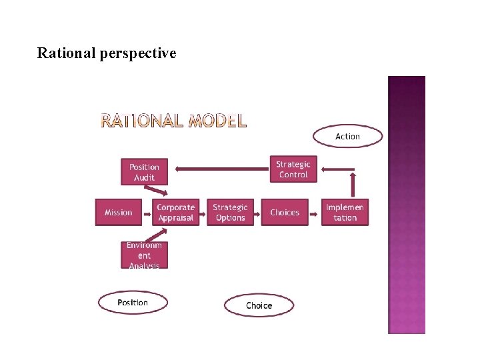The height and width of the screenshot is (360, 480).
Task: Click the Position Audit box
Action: coord(144,172)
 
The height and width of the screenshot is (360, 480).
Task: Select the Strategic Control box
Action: coord(293,169)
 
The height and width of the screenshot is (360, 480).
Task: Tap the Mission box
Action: coord(118,213)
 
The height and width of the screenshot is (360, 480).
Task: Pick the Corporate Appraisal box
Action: coord(175,213)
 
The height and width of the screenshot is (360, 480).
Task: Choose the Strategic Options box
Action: coord(230,213)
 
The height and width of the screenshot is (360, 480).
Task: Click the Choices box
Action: coord(285,213)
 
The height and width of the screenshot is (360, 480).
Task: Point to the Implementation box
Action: coord(345,213)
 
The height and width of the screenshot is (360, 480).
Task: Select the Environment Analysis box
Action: coord(144,255)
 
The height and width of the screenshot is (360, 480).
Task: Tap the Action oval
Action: coord(347,137)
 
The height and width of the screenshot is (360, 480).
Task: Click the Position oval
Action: coord(133,303)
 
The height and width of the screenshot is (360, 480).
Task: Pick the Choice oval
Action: coord(259,305)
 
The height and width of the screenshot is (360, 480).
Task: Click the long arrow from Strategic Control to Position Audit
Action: coord(220,169)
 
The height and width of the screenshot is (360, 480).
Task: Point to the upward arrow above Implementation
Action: coord(353,183)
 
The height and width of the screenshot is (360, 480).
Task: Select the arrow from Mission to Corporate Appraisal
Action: coord(147,213)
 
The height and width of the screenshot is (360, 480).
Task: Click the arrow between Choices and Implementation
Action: coord(315,213)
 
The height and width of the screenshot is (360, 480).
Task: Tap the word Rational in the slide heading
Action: coord(66,53)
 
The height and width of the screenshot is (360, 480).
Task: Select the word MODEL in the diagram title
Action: coord(217,121)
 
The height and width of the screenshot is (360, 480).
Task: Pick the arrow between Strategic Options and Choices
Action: coord(257,213)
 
